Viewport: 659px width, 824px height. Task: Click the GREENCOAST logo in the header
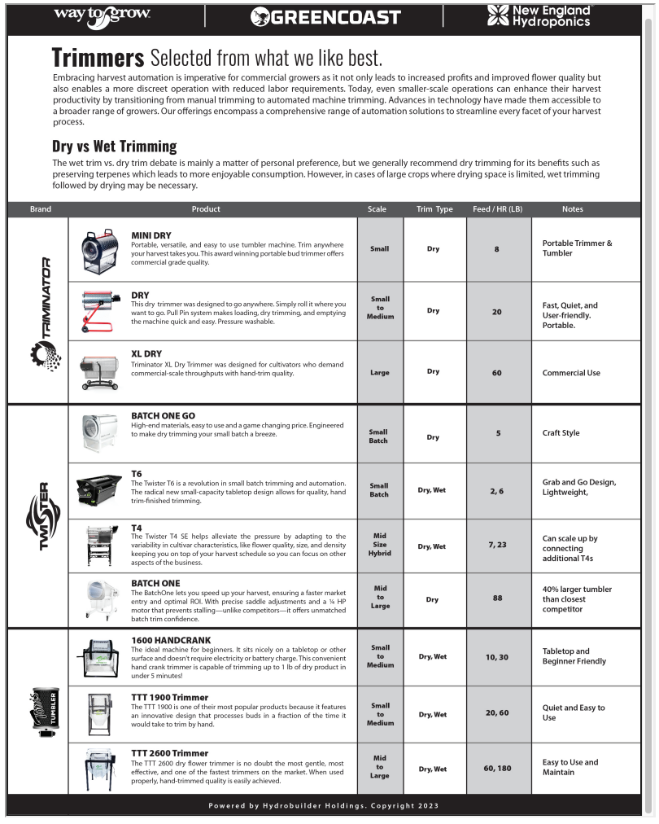coord(325,17)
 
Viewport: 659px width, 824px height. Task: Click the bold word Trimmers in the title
coord(98,58)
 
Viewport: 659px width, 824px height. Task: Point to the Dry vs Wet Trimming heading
coord(114,147)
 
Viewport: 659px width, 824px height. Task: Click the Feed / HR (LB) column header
coord(497,209)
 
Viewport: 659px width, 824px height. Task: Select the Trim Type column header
coord(434,209)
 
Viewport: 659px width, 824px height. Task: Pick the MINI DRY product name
coord(151,235)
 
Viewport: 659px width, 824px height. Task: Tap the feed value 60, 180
coord(497,768)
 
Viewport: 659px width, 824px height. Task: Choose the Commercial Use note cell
coord(571,373)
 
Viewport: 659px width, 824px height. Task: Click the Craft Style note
coord(561,433)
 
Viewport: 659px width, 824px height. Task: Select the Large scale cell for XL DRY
coord(379,373)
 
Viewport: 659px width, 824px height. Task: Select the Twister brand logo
coord(37,515)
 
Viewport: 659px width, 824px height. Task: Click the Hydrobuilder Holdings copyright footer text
coord(323,806)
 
